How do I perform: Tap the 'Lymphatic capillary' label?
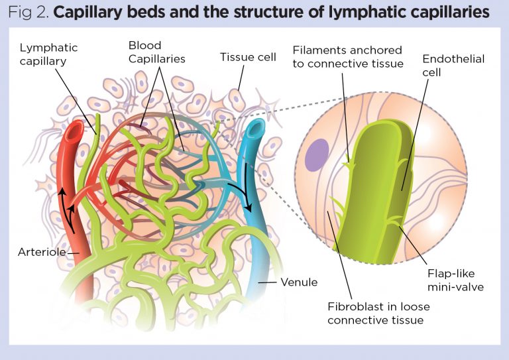(48, 54)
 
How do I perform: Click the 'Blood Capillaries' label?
(156, 52)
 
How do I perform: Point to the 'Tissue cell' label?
(248, 57)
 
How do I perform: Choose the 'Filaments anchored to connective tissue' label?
(348, 56)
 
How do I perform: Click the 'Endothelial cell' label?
(453, 66)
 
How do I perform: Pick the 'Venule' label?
(298, 282)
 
